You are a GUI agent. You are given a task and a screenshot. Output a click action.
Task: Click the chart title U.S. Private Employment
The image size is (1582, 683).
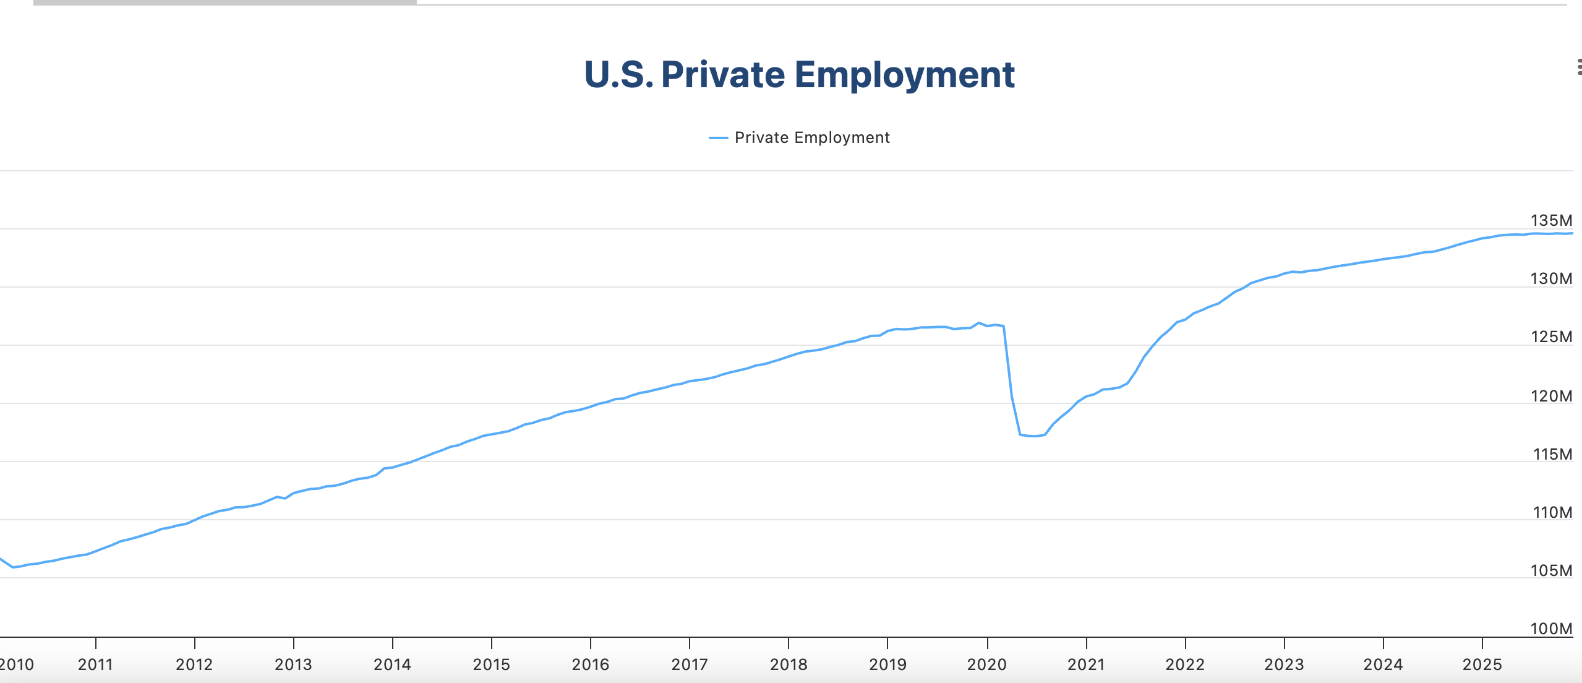point(799,75)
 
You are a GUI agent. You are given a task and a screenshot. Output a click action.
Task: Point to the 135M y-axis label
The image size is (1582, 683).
point(1551,220)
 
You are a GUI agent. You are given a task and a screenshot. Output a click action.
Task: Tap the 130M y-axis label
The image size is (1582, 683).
point(1551,278)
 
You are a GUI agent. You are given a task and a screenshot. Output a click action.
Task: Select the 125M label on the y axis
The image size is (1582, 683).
point(1551,337)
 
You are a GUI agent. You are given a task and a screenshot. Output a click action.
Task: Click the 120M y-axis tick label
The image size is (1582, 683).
point(1551,396)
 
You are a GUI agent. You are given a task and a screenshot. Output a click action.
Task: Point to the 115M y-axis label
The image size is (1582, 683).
point(1552,454)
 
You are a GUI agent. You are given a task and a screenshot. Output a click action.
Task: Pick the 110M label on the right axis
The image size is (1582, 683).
point(1552,512)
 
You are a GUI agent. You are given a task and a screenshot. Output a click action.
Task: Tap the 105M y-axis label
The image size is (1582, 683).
point(1551,570)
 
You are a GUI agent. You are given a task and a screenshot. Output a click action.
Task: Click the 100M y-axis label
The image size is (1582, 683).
point(1551,629)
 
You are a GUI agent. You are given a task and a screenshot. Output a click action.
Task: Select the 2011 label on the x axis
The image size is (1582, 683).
point(95,664)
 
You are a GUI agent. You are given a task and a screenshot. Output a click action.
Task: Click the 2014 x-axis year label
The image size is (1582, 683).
point(392,664)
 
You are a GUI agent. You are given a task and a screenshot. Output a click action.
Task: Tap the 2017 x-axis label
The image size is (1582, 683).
point(690,664)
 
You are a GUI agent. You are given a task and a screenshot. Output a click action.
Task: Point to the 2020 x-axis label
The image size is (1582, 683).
point(987,664)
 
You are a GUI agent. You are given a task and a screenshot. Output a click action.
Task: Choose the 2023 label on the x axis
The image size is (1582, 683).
point(1284,664)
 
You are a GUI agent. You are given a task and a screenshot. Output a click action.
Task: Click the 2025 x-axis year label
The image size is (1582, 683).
point(1482,664)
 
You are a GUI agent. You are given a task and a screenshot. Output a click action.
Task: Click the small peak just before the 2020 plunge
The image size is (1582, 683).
point(978,323)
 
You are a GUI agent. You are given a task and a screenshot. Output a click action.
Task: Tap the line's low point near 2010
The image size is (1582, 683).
point(13,567)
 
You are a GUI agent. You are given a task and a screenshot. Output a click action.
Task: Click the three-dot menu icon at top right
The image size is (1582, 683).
point(1579,67)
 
